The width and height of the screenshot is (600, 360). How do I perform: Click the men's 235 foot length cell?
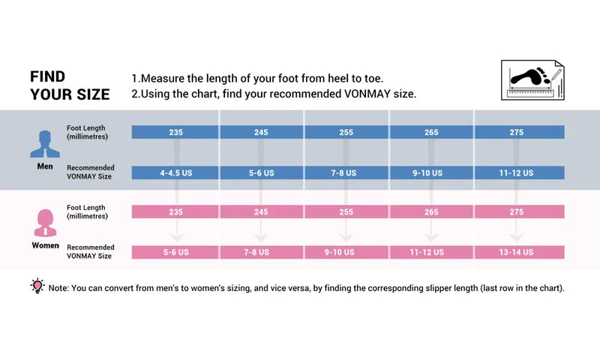[175, 132]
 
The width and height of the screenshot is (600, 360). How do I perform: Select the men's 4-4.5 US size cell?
[175, 172]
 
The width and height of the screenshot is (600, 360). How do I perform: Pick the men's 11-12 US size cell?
[517, 172]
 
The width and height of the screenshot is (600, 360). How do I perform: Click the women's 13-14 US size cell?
[517, 253]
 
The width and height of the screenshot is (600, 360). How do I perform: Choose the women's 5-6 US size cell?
[175, 253]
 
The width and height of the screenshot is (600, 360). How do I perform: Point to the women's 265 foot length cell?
[432, 212]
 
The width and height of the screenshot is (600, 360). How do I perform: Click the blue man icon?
[44, 143]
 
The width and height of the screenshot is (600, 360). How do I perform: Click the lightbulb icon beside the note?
[37, 286]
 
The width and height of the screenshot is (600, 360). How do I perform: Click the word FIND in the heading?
[47, 76]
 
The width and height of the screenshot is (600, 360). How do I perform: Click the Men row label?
[44, 166]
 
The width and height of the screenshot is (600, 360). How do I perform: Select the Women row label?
[45, 245]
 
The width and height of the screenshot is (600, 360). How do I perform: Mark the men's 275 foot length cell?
[517, 132]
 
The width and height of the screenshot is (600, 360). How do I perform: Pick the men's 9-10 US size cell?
[432, 172]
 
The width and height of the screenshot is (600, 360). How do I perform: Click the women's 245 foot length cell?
[261, 212]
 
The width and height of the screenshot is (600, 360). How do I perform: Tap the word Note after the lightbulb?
[58, 289]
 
